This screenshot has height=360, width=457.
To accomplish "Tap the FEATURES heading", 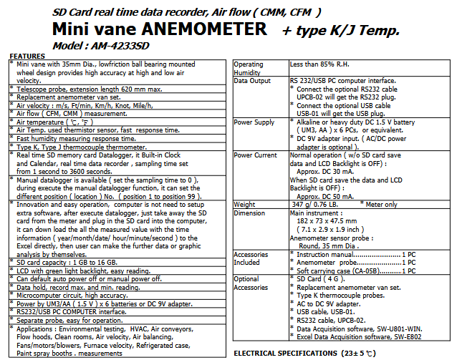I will click(27, 56).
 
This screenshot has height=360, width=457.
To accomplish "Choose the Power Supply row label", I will click(255, 122).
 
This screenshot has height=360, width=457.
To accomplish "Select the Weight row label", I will click(246, 205).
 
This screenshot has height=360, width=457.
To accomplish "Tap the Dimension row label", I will click(250, 213).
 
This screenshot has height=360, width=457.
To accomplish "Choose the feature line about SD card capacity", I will click(64, 262).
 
